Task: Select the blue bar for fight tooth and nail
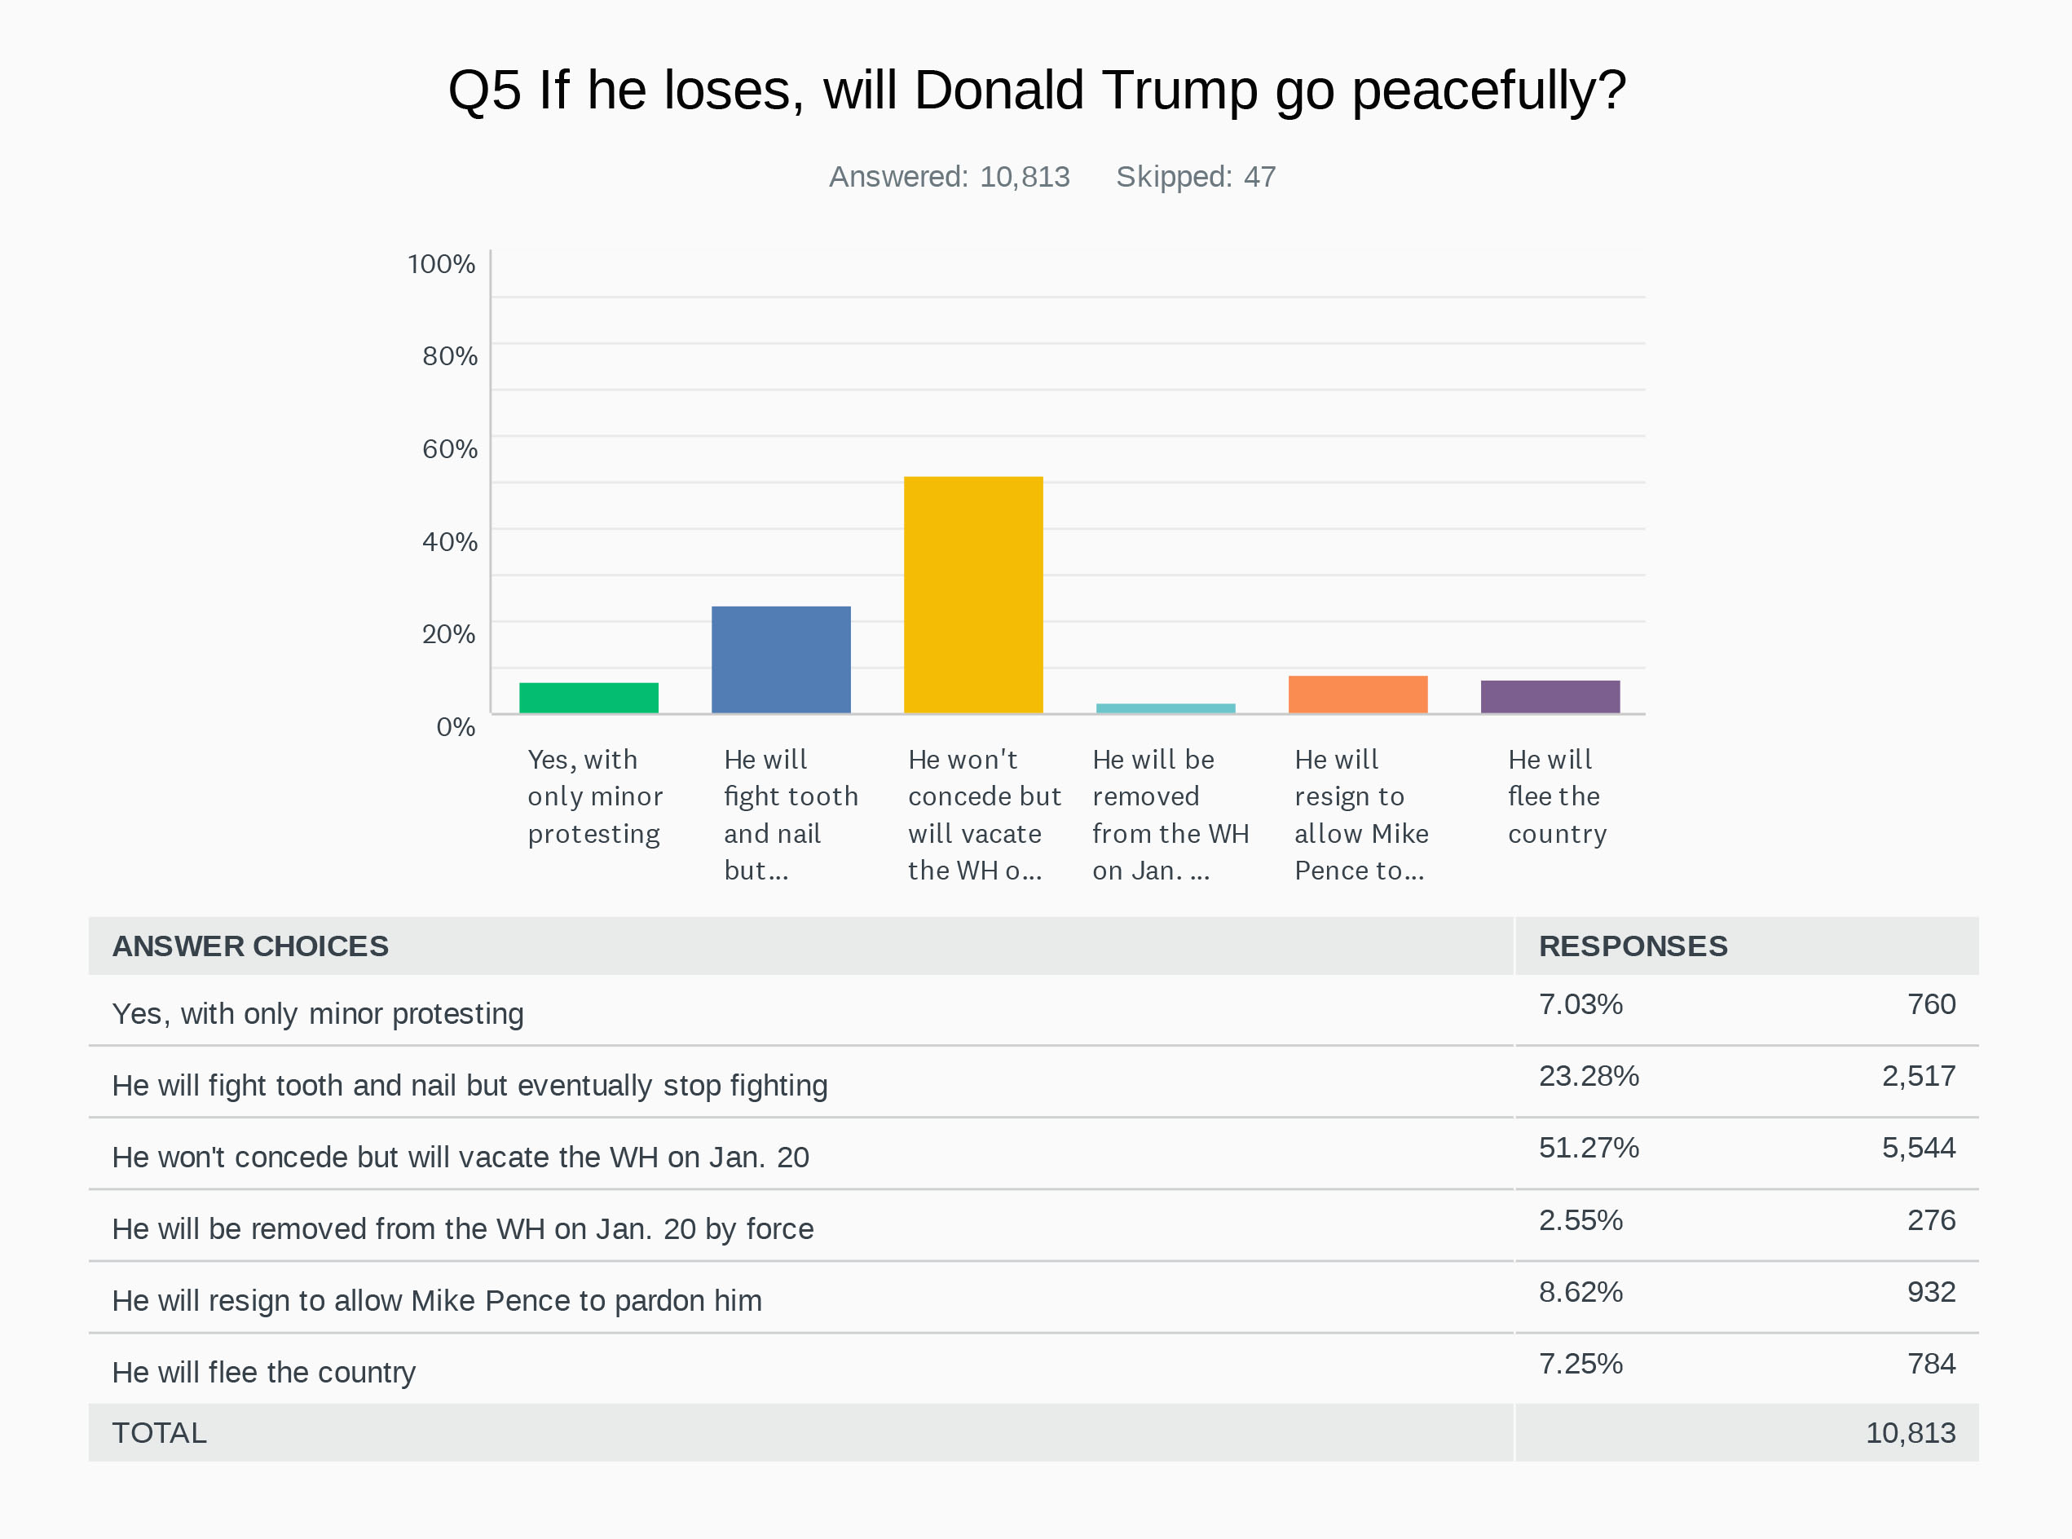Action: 781,659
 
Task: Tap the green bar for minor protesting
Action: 589,698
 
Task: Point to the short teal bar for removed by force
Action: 1166,708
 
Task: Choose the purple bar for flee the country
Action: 1550,697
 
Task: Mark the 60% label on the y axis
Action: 450,449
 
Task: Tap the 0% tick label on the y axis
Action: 456,726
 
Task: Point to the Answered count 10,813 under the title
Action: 1024,176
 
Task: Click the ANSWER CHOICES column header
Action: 249,946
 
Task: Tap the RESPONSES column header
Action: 1633,946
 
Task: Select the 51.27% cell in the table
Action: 1589,1147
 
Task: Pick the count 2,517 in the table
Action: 1917,1075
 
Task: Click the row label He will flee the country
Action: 263,1371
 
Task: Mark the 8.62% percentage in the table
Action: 1580,1291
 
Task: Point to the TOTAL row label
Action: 159,1432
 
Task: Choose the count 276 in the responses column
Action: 1930,1219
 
